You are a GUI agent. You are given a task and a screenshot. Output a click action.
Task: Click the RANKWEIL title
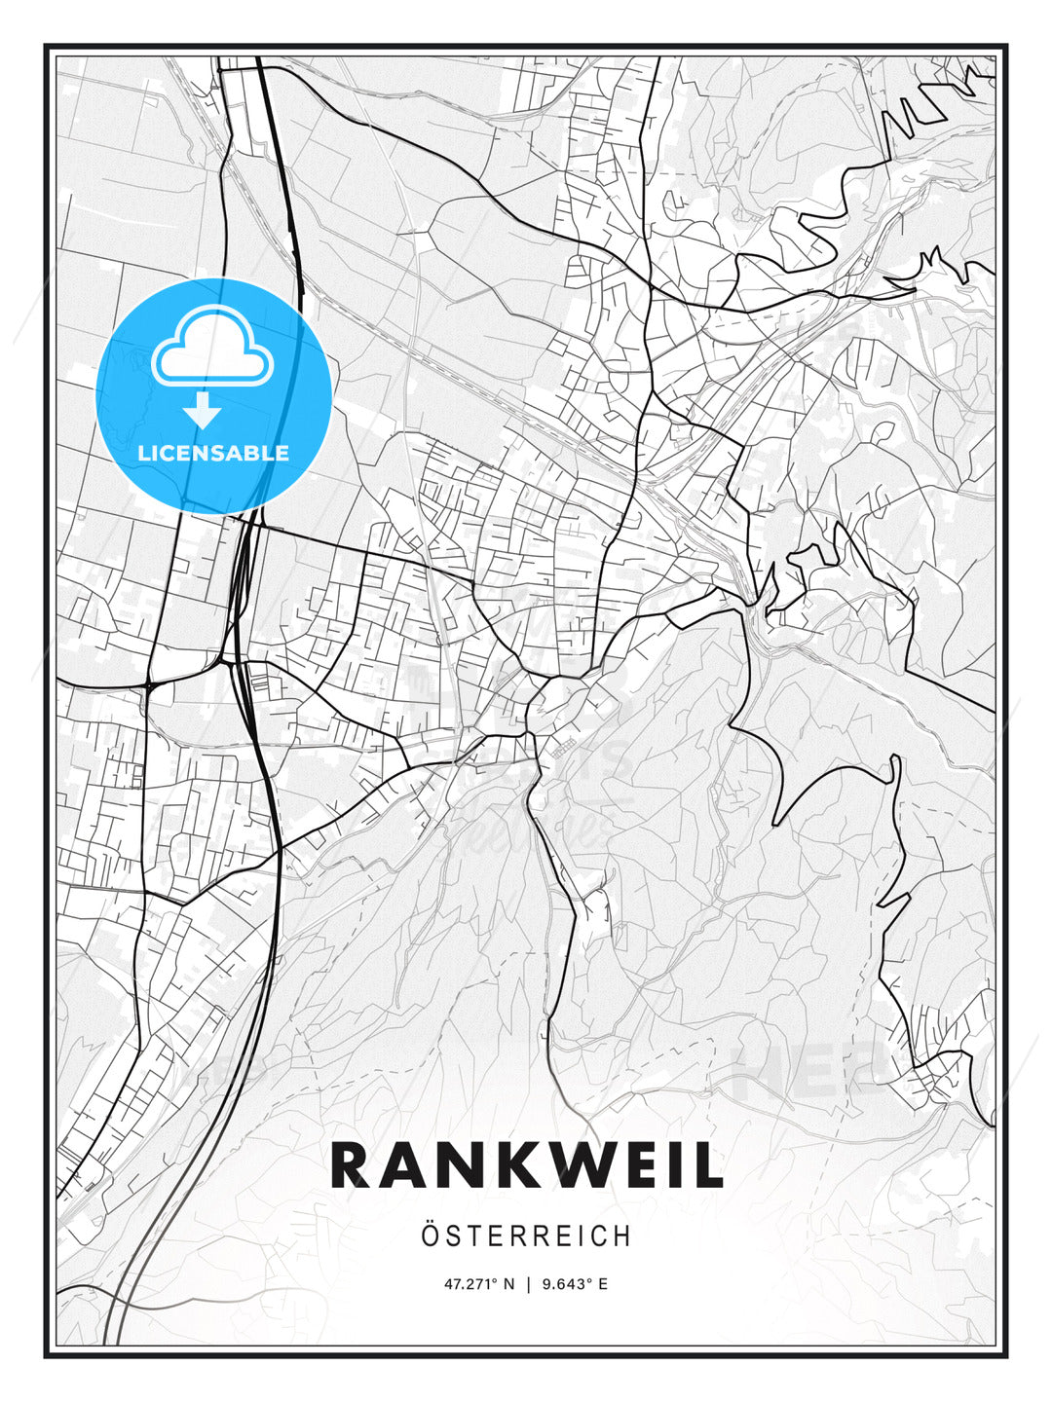(527, 1164)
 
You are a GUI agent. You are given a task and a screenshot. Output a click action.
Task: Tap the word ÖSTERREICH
(526, 1236)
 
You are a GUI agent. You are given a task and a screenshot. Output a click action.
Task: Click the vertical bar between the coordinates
(528, 1284)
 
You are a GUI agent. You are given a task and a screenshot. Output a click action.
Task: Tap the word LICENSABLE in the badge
(213, 453)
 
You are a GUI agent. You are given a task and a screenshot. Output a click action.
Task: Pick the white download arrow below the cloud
(204, 410)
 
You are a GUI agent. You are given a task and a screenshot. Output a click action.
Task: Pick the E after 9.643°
(603, 1284)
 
